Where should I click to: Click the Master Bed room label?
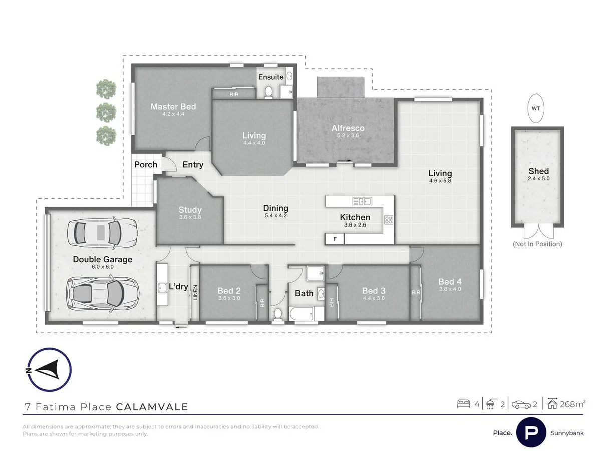click(173, 106)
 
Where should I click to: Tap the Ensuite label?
click(271, 77)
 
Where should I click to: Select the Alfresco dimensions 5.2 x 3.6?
click(348, 136)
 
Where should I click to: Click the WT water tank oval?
click(536, 108)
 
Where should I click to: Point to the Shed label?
click(538, 171)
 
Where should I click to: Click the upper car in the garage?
click(104, 232)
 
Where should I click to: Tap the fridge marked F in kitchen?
click(335, 239)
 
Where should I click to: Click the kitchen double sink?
click(362, 201)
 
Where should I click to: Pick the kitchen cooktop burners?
click(389, 219)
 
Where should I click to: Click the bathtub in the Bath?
click(303, 315)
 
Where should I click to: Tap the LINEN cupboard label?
click(195, 294)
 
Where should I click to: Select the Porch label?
click(146, 164)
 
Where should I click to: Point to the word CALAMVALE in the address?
click(152, 407)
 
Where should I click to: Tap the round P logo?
click(531, 432)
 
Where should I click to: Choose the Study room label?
click(190, 210)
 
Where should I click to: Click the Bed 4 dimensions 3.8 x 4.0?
click(450, 289)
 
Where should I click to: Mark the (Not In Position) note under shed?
click(537, 244)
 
